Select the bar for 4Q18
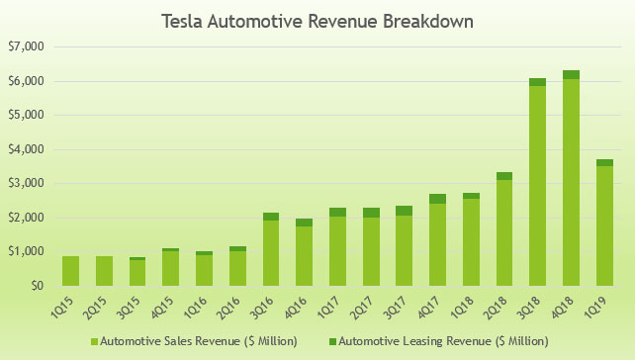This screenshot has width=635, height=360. [571, 178]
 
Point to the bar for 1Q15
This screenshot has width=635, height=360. [70, 271]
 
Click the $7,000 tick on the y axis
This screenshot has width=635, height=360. [27, 46]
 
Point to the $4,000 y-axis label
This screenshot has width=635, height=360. [27, 149]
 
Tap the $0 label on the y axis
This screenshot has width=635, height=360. [37, 286]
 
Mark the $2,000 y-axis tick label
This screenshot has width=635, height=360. [27, 218]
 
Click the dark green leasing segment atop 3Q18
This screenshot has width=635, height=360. [537, 82]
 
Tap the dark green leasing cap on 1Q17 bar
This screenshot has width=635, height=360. [337, 212]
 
